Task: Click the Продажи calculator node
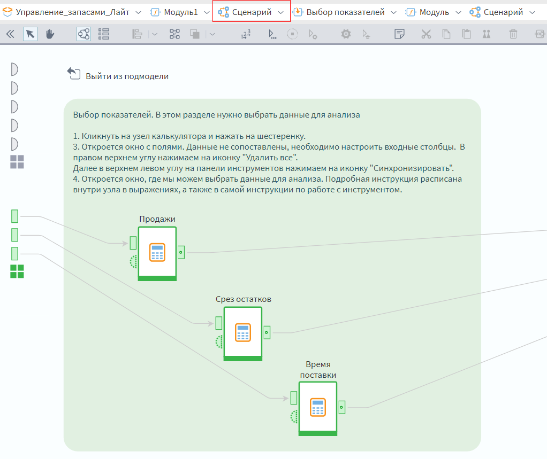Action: pos(157,252)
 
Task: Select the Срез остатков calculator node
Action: pos(242,332)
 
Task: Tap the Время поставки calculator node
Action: pos(318,407)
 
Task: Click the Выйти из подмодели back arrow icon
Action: pos(73,74)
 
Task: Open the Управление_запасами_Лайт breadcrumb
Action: pos(72,12)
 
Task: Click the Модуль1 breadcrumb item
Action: pos(180,12)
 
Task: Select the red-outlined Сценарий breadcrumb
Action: pos(251,12)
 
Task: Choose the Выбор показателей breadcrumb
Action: pos(345,12)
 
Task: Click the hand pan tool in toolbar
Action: pos(50,34)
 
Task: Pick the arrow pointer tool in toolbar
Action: pos(31,34)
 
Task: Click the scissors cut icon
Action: pos(426,34)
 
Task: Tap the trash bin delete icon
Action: pos(513,34)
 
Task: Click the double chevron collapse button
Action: pos(10,34)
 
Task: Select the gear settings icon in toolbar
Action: pos(346,34)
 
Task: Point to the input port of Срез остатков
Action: pos(218,323)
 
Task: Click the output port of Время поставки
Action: pos(341,407)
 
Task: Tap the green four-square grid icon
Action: pos(17,271)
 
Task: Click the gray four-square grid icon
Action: pos(17,162)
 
